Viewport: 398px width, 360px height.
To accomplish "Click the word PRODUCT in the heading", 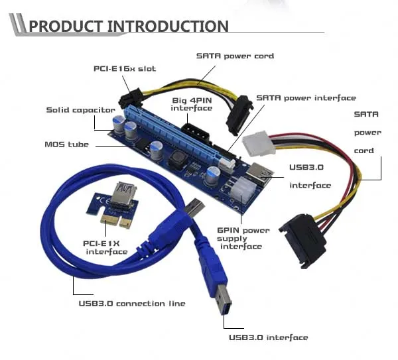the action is click(66, 26).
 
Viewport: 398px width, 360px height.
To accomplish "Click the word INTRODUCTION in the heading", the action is click(168, 26).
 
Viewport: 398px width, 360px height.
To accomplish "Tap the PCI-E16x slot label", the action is click(125, 69).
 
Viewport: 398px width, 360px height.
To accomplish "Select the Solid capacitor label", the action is click(80, 110).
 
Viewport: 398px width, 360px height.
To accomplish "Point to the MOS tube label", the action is click(67, 145).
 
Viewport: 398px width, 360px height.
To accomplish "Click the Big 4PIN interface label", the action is click(192, 104).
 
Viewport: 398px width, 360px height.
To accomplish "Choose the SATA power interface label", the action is click(306, 98).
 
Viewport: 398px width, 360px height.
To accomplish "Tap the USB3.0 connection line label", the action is click(132, 304).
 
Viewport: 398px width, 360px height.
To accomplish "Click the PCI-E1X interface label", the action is click(105, 247).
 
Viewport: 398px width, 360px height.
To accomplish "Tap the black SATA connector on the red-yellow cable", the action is click(302, 240).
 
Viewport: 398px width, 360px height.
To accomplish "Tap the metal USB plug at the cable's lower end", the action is click(224, 300).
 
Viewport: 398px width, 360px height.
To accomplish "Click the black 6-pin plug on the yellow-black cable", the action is click(131, 98).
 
